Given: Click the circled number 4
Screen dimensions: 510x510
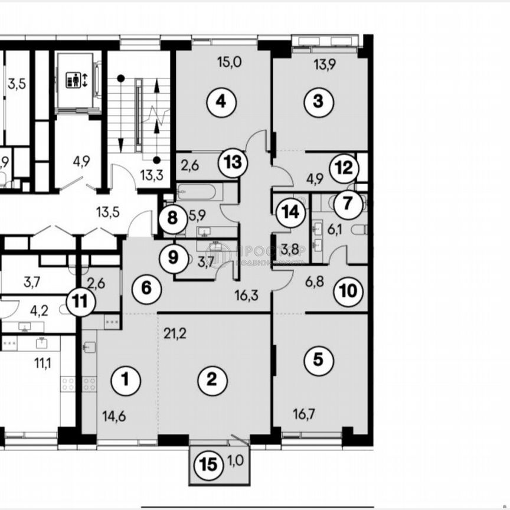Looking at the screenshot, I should (x=221, y=102).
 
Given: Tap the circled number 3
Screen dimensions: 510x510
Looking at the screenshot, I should (x=318, y=102).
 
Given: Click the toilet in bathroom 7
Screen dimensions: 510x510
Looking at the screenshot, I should (x=358, y=230).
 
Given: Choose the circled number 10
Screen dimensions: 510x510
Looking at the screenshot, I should (x=348, y=290).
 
